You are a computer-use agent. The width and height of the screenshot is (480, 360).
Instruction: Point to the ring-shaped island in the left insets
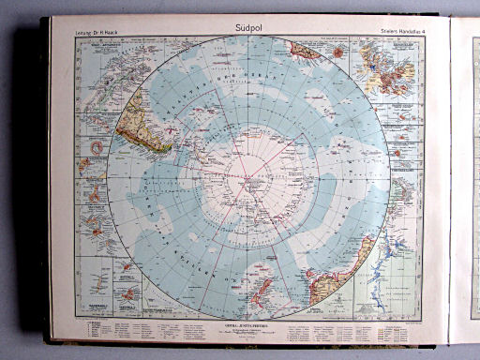tap(97, 147)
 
